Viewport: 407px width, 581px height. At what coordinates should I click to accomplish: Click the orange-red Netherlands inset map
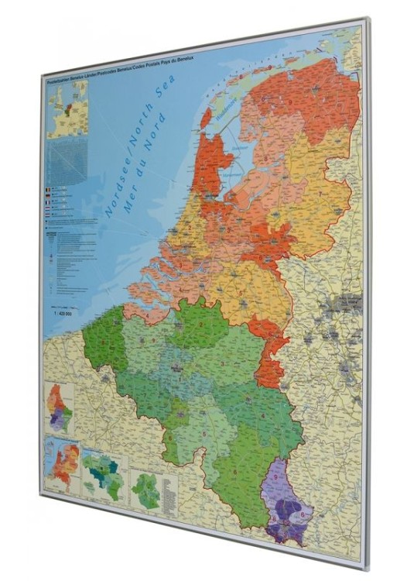[61, 465]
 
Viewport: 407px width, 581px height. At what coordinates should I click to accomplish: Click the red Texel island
[206, 118]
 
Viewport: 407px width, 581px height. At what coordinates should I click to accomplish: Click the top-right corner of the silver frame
[368, 19]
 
